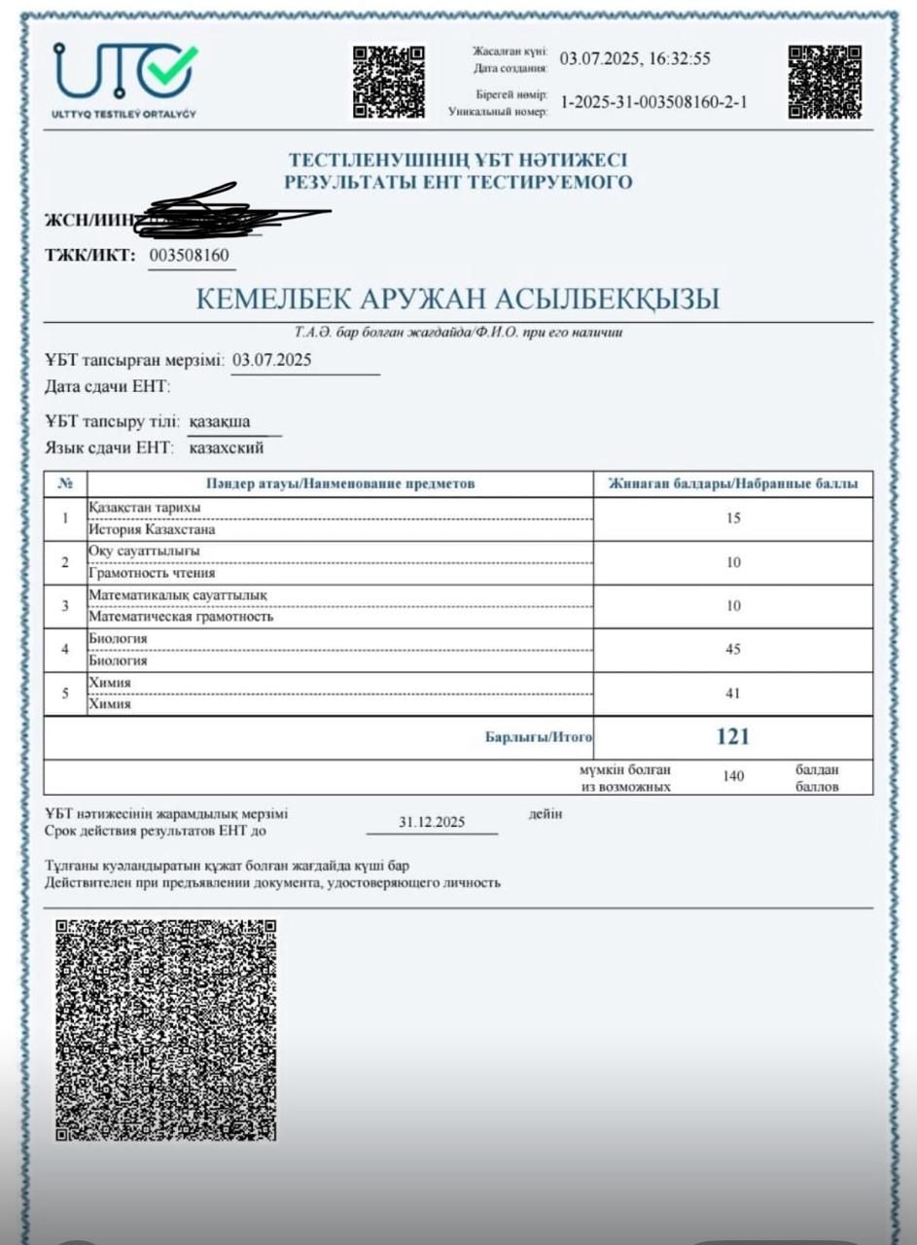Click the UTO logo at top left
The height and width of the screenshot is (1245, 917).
[x=124, y=78]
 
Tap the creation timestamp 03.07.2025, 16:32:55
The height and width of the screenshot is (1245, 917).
[x=635, y=58]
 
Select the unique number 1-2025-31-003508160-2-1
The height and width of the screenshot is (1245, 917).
[x=653, y=102]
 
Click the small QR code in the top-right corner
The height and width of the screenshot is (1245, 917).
[x=824, y=83]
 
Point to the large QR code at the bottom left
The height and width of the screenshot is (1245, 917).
[x=165, y=1029]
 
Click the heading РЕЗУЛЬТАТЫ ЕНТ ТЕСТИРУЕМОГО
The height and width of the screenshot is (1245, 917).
[x=458, y=182]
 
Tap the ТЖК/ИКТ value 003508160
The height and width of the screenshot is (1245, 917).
[x=190, y=256]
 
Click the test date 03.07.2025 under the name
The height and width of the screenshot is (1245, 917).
[x=271, y=360]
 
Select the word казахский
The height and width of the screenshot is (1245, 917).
[x=226, y=448]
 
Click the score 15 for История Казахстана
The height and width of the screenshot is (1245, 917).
[x=733, y=518]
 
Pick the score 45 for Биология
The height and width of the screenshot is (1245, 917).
[x=733, y=650]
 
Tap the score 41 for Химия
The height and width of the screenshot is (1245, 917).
[x=733, y=694]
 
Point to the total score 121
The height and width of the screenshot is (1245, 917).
[x=733, y=736]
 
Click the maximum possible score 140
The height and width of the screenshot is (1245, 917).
[x=733, y=777]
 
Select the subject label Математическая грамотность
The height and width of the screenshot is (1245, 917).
[x=181, y=616]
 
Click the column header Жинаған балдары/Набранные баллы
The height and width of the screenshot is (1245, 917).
[x=733, y=483]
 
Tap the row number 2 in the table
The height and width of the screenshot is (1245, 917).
[x=65, y=562]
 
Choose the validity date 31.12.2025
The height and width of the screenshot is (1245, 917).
[x=432, y=822]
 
